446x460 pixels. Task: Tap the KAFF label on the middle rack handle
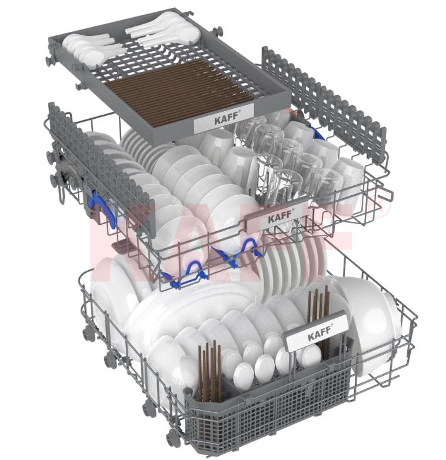pos(280,218)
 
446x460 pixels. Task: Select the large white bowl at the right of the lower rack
pos(372,326)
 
